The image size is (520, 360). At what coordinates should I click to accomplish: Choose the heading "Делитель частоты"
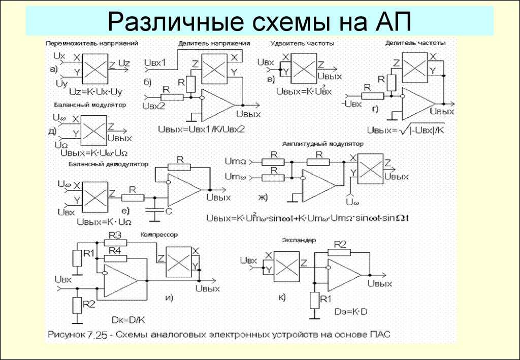(x=415, y=43)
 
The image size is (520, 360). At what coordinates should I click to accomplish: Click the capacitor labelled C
(x=153, y=211)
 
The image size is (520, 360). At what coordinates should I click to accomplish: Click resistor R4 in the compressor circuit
(x=115, y=258)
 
